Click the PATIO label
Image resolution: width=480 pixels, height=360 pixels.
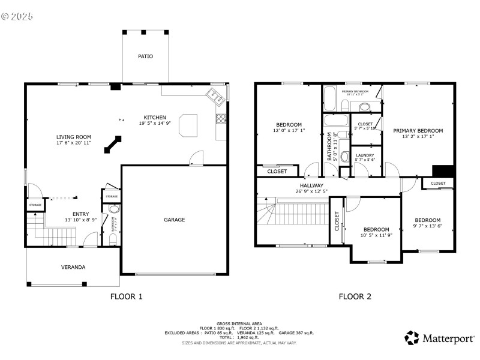coord(145,56)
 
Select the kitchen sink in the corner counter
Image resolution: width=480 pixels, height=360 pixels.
coord(213,94)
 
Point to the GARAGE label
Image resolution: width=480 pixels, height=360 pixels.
coord(175,220)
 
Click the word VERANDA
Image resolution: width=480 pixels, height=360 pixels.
coord(73,267)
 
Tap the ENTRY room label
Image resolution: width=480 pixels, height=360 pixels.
coord(80,214)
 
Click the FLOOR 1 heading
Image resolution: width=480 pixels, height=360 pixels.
coord(127,296)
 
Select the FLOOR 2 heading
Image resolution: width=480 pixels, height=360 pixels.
coord(355,296)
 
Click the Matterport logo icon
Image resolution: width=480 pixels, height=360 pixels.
coord(412,338)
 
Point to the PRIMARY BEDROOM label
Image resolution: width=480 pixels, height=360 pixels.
coord(418,131)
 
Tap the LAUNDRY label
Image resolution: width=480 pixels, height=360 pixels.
coord(365,155)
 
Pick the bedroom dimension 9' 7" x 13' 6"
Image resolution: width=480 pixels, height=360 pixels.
coord(428,227)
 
